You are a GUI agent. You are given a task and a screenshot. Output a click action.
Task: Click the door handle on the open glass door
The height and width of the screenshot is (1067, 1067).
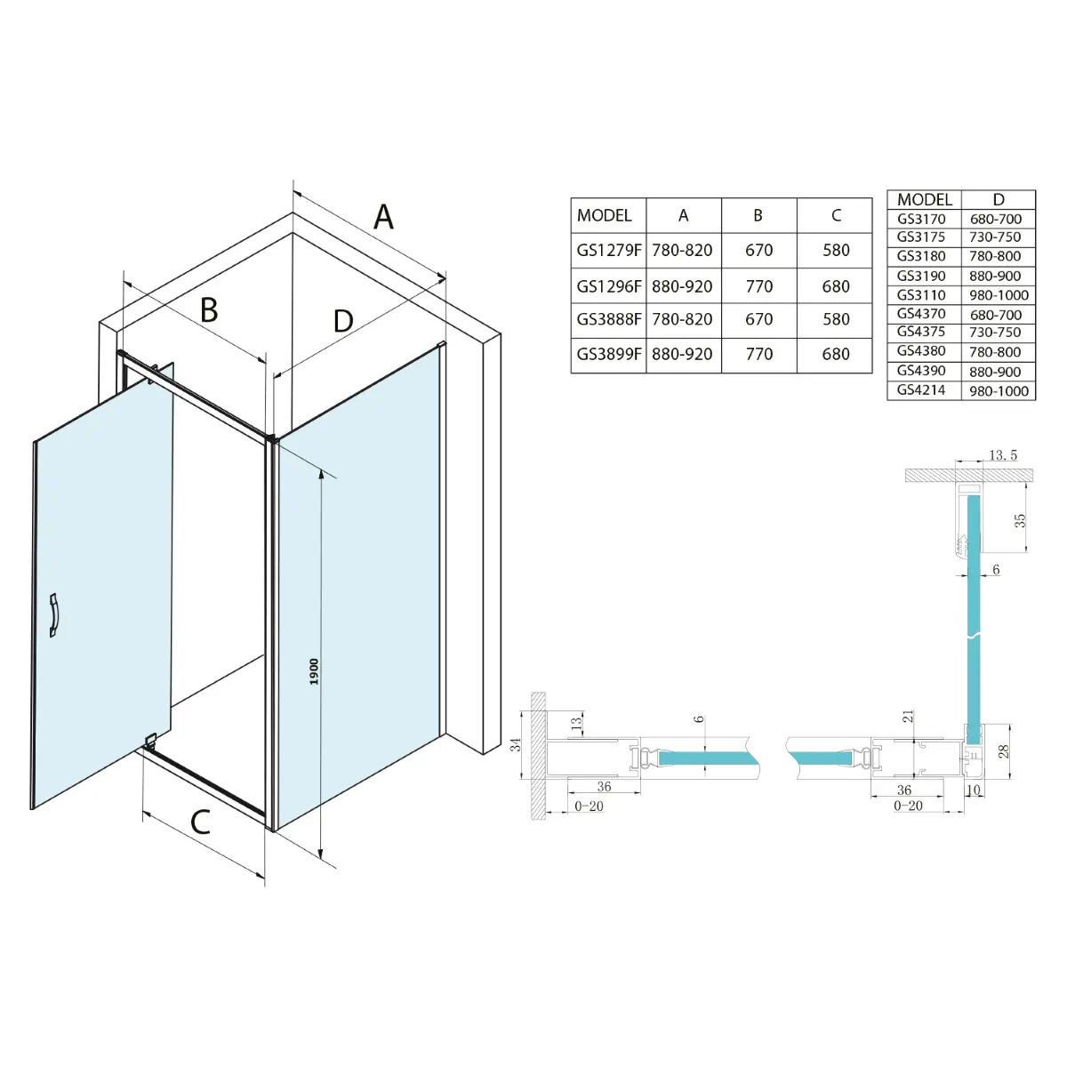click(53, 615)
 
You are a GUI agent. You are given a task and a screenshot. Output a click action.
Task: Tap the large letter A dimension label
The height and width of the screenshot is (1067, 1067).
click(383, 217)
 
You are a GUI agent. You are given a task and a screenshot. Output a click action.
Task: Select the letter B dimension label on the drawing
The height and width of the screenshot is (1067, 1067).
click(209, 310)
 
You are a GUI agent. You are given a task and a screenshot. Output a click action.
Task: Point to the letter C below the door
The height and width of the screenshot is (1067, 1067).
click(200, 822)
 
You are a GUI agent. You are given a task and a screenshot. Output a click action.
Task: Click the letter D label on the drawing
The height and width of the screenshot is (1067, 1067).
click(343, 321)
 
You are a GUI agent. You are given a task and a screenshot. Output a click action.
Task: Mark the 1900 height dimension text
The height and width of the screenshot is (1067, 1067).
click(315, 671)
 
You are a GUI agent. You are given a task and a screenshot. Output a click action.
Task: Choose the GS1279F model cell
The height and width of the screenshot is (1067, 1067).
click(609, 251)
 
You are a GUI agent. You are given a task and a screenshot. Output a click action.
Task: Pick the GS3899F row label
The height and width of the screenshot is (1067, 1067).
click(609, 355)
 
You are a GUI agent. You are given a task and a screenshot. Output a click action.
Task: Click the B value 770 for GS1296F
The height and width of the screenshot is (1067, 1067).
click(758, 287)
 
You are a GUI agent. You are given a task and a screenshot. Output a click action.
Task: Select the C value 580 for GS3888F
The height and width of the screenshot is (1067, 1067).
click(836, 319)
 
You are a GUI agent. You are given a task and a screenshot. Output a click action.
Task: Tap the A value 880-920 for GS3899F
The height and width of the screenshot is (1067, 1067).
click(682, 355)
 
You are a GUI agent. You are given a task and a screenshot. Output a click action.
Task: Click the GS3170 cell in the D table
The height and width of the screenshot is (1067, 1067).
click(921, 220)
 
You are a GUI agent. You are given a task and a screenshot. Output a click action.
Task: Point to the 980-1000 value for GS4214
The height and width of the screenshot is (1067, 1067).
click(999, 391)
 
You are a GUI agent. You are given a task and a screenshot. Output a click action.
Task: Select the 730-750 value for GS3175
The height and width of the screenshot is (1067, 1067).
click(995, 237)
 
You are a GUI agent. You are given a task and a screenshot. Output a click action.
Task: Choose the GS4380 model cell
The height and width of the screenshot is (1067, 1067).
click(921, 351)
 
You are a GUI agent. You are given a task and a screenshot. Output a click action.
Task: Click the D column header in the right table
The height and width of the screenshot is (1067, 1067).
click(999, 200)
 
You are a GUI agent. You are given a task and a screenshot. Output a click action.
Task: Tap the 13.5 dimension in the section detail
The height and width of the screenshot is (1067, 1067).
click(1003, 455)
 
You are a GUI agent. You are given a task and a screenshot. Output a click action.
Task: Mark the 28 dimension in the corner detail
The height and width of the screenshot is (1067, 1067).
click(1003, 751)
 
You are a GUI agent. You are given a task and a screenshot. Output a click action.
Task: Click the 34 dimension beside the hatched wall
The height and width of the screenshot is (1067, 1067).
click(516, 745)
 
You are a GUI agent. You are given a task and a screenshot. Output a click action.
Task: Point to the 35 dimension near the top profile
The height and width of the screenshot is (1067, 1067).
click(1020, 520)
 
